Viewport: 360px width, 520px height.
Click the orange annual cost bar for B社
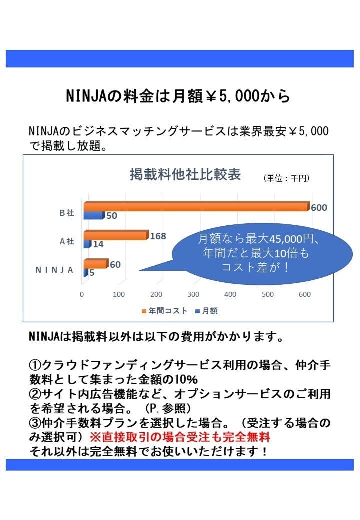(196, 206)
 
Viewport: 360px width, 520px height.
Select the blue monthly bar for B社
(93, 215)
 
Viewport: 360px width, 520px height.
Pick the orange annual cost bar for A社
(116, 235)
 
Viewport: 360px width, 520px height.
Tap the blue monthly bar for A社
(87, 244)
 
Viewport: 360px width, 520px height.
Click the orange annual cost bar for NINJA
(95, 264)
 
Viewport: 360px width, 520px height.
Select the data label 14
(98, 244)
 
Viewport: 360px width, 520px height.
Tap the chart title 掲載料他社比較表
(185, 175)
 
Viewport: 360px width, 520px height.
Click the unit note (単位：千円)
(286, 178)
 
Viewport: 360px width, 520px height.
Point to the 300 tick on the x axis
(193, 294)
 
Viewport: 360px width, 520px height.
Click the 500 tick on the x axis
(267, 294)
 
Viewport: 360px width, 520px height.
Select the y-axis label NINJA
(54, 270)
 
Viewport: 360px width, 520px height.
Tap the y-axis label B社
(66, 213)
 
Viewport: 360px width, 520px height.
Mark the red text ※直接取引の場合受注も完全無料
(180, 436)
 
